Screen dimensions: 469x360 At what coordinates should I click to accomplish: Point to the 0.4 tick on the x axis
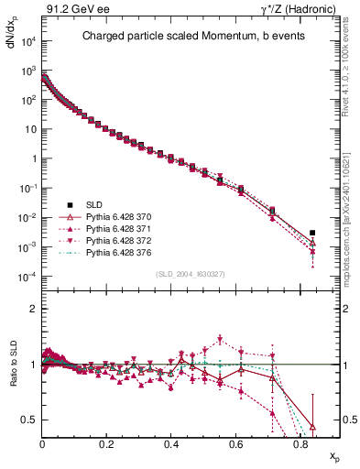[x=171, y=443]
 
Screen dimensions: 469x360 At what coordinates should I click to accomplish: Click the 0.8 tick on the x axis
[x=300, y=443]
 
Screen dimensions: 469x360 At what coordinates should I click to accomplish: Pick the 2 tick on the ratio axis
[x=33, y=309]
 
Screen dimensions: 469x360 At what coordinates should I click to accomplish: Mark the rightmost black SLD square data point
[x=313, y=233]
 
